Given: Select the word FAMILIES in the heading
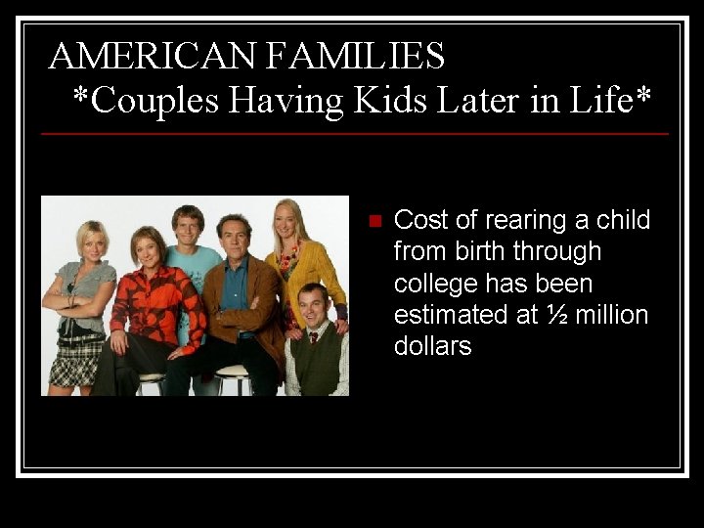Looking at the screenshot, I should click(x=355, y=57).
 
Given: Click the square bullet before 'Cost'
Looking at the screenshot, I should click(x=373, y=221).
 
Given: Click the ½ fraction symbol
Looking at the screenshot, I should click(x=558, y=315).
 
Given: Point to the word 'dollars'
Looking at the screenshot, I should click(x=432, y=346).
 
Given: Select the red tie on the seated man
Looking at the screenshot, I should click(x=312, y=337).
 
